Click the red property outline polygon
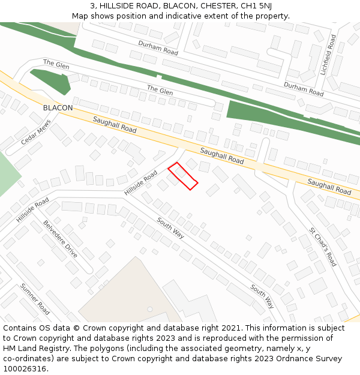tap(182, 176)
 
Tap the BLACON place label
tap(58, 108)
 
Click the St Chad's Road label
tap(323, 247)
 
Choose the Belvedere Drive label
tap(60, 238)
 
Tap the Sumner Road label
tap(35, 299)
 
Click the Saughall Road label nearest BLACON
tap(115, 125)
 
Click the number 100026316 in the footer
tap(24, 369)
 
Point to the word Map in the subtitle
tap(80, 16)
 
